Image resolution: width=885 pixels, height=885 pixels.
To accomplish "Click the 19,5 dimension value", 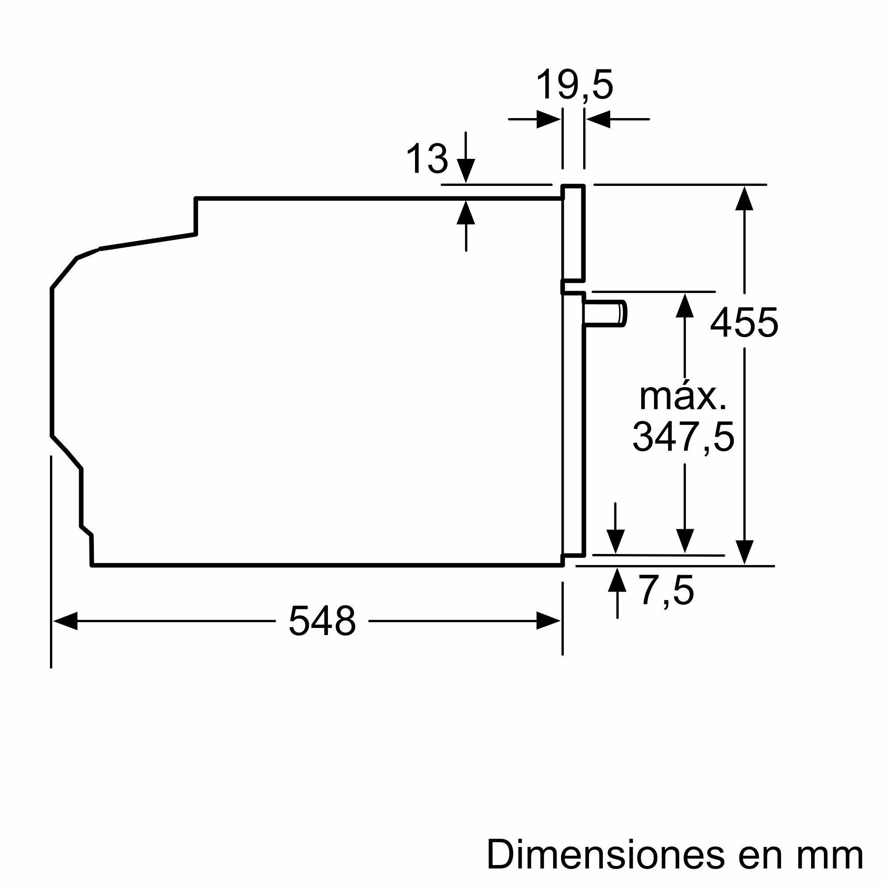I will point(574,85).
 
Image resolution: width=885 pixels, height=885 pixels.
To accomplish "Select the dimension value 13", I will point(427,159).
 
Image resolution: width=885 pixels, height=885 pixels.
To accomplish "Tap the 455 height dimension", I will point(744,323).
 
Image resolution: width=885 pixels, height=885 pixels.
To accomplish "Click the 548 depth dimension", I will point(322,622).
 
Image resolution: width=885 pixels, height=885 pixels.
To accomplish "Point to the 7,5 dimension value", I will point(667,590).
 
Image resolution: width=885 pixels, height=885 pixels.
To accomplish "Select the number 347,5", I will point(683,438).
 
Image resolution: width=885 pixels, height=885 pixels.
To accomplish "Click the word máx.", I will point(682,397).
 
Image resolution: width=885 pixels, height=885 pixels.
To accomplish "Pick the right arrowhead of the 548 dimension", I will point(548,621).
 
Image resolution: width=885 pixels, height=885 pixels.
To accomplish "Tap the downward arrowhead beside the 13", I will point(466,171).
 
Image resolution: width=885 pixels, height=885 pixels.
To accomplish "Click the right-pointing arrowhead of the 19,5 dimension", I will point(549,119).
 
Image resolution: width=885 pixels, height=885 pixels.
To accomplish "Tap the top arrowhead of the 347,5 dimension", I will point(685,305).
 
